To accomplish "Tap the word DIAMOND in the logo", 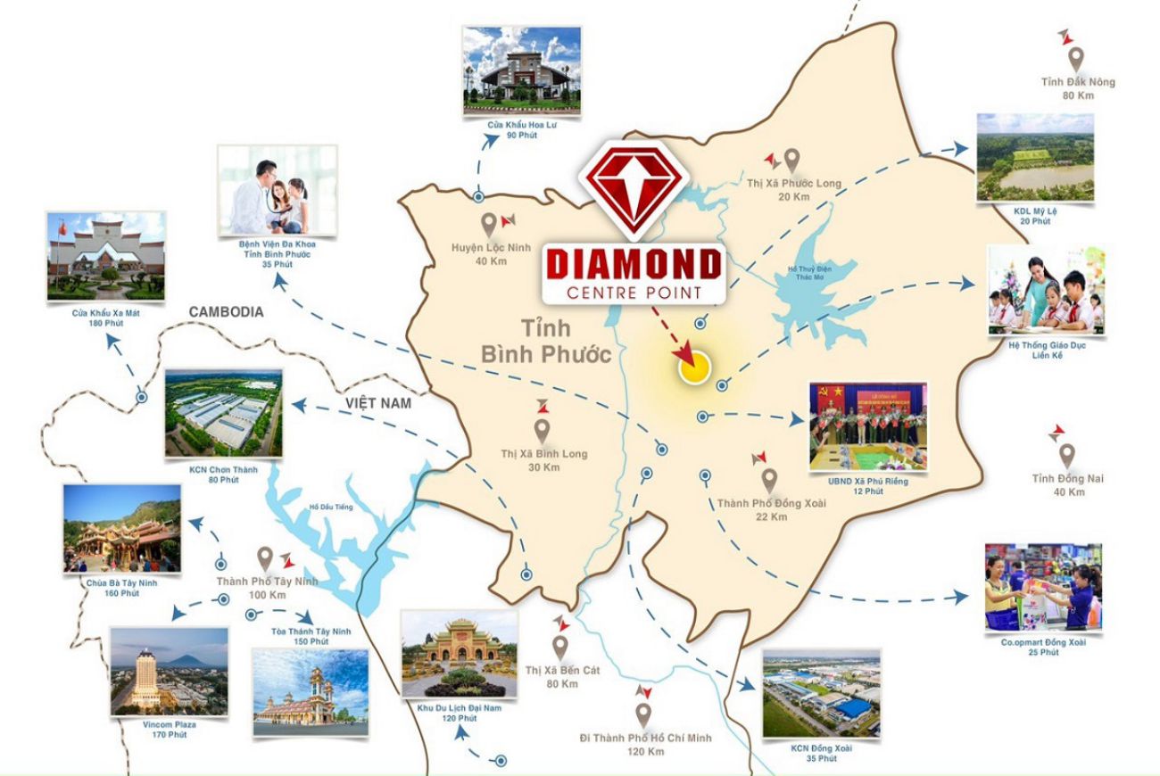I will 633,264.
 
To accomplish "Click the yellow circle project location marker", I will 693,367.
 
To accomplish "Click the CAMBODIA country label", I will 226,312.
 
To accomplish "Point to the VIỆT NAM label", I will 378,403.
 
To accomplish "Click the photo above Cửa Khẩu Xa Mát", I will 107,257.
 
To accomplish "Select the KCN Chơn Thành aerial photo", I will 224,415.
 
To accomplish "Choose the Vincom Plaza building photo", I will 169,670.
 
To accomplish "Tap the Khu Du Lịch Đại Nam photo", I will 459,655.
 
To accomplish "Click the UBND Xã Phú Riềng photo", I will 867,426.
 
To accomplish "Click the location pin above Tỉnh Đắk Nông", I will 1076,60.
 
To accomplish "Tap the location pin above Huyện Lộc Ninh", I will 489,223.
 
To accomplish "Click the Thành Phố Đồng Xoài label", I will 771,503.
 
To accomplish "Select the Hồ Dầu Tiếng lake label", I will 332,508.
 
